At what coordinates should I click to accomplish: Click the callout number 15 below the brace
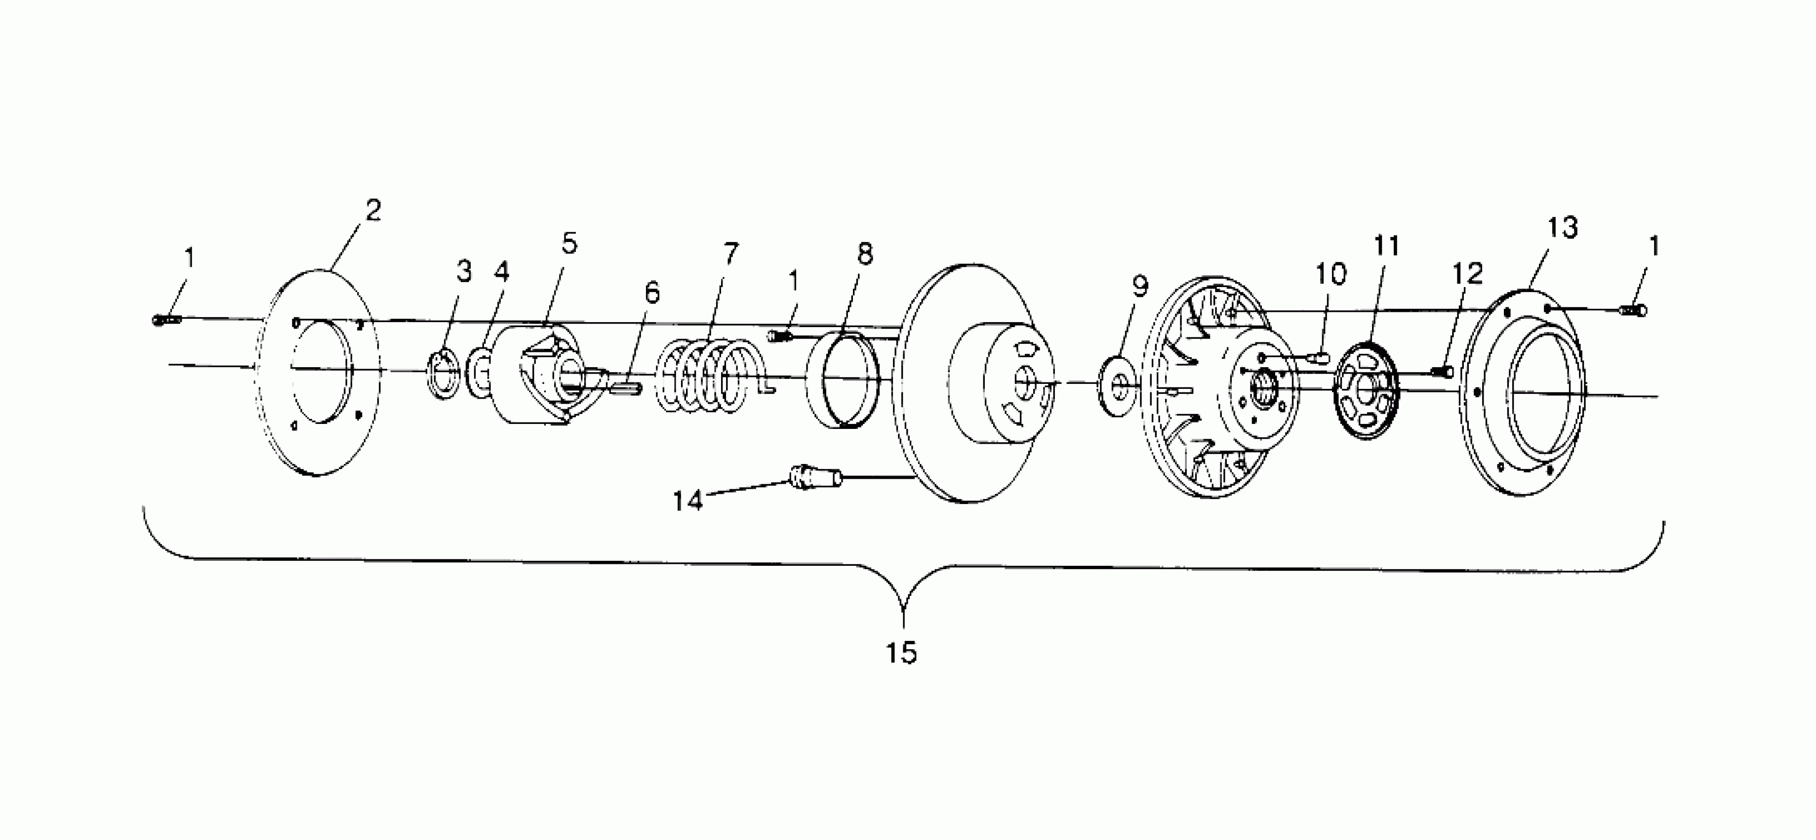901,653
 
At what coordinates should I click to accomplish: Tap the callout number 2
373,210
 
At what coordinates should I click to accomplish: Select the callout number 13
1562,228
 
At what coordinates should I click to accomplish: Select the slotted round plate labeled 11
1367,390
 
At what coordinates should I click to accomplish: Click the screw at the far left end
166,320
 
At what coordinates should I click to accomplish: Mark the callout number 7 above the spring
730,252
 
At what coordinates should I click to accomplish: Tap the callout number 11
1386,246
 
